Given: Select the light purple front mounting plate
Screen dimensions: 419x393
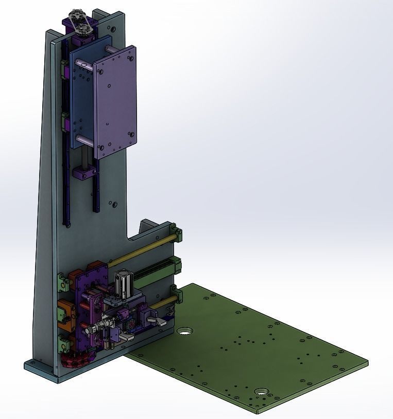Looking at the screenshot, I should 114,103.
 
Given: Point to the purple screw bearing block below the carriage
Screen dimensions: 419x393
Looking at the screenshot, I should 85,173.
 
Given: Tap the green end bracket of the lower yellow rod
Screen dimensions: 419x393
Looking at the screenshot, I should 179,295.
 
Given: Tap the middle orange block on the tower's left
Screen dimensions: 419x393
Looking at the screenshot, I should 66,311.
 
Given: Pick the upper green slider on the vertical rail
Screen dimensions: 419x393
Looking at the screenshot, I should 64,67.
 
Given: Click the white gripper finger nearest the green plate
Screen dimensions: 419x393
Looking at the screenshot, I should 158,321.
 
